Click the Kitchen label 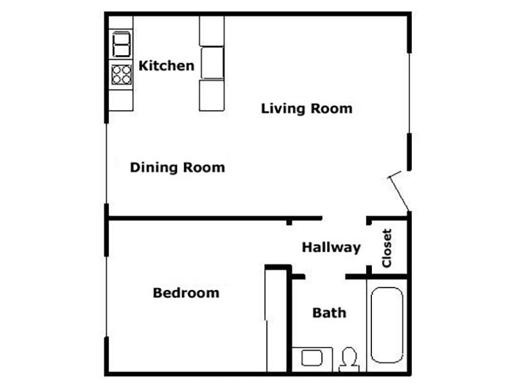(167, 66)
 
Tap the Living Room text (307, 108)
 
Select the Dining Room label (178, 167)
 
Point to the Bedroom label (186, 293)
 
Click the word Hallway (331, 248)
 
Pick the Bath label (329, 313)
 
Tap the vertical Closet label (387, 248)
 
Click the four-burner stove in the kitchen (121, 74)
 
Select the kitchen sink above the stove (121, 44)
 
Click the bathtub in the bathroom (387, 325)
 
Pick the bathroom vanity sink (312, 358)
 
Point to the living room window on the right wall (409, 93)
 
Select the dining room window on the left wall (106, 164)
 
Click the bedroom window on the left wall (106, 296)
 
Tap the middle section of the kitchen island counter (212, 63)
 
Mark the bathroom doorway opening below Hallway (325, 277)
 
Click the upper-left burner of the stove (117, 70)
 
